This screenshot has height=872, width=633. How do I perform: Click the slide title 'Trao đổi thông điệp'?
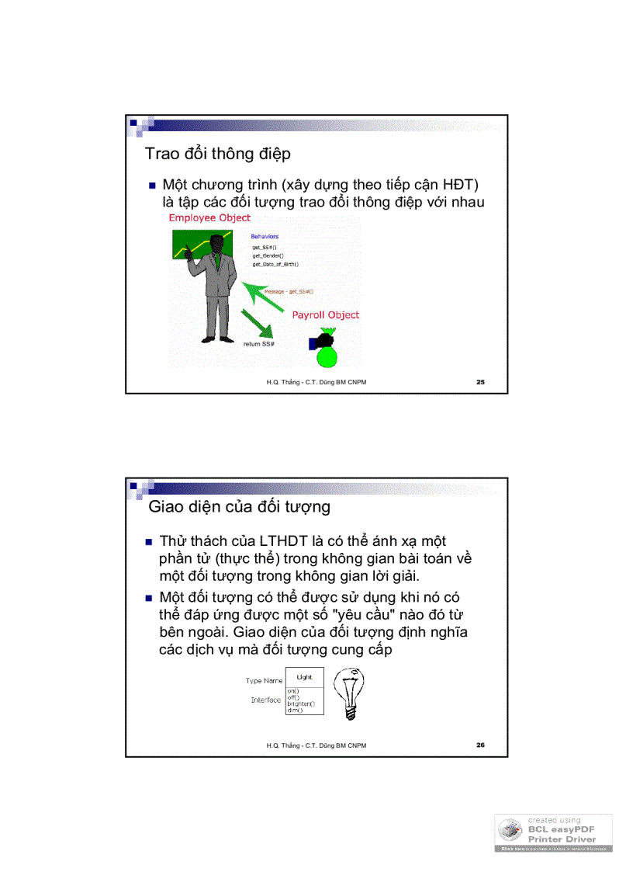(218, 154)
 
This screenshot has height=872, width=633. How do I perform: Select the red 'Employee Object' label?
(209, 218)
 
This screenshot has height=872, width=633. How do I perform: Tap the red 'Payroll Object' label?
(325, 315)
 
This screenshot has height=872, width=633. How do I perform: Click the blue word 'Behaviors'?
(265, 236)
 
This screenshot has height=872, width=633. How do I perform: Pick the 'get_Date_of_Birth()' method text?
(275, 264)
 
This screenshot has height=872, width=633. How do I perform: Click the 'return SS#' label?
(259, 343)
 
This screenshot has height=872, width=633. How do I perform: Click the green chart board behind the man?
(186, 248)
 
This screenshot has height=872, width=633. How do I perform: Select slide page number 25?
(480, 382)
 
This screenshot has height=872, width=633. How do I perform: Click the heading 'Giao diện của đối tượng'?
(239, 507)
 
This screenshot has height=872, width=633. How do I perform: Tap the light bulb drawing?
(348, 691)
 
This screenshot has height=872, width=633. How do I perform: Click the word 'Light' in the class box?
(304, 677)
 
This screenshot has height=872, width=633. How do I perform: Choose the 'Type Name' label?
(264, 681)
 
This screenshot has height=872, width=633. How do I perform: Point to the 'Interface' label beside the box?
(265, 700)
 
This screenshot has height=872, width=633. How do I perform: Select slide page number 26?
(480, 745)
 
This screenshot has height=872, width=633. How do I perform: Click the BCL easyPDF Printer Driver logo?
(554, 833)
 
